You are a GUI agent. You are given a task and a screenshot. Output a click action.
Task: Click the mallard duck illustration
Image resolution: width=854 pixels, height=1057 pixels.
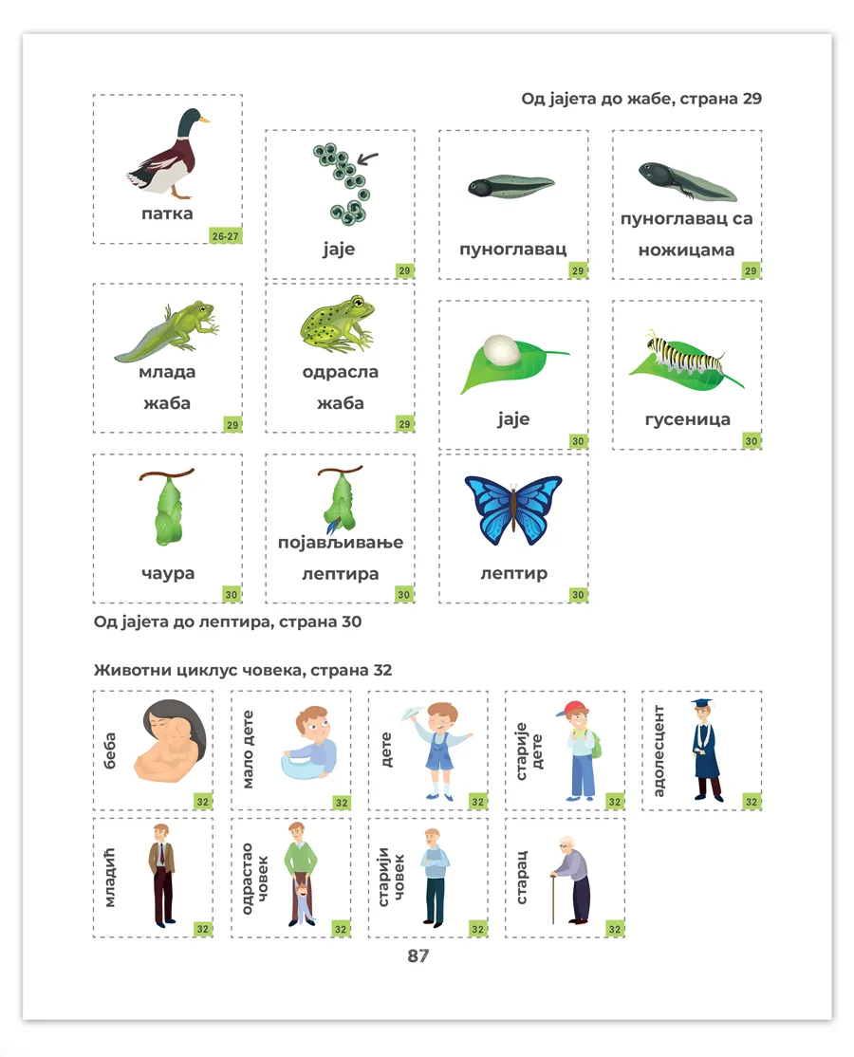click(x=169, y=154)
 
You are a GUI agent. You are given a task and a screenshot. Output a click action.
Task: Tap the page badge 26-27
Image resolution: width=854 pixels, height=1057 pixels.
click(x=225, y=236)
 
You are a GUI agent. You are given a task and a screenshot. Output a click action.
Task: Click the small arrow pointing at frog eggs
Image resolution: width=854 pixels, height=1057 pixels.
click(x=367, y=158)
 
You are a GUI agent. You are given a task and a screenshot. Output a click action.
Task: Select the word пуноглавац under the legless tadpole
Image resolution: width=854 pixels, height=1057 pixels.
click(x=513, y=249)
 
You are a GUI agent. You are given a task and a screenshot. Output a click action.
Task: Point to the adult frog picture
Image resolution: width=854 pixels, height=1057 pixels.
click(x=337, y=324)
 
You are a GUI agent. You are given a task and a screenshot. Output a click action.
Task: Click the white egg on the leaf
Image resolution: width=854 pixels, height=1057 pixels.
click(x=501, y=349)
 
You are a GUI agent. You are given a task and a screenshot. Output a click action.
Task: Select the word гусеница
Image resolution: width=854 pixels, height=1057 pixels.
click(x=688, y=419)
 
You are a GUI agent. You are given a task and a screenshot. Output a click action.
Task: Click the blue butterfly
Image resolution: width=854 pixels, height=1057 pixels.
click(x=513, y=510)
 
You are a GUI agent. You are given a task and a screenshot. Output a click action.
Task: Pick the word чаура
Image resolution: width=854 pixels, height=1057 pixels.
click(x=168, y=574)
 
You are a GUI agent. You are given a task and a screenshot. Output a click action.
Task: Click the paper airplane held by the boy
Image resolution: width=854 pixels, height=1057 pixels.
click(x=412, y=713)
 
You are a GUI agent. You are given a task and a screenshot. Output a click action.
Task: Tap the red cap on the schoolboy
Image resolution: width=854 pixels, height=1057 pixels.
click(x=573, y=709)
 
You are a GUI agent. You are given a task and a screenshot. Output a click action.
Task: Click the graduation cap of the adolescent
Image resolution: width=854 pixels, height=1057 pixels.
click(x=701, y=703)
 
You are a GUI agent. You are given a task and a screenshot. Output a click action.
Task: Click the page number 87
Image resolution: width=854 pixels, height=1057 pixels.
click(x=418, y=955)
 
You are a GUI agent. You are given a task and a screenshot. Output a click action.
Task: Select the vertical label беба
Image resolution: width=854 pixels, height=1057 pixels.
click(x=109, y=751)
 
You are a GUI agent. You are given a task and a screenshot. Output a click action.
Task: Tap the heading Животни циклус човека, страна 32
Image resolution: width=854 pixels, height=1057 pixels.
click(x=243, y=670)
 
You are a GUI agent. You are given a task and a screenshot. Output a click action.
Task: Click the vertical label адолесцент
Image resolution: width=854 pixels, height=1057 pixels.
click(x=659, y=751)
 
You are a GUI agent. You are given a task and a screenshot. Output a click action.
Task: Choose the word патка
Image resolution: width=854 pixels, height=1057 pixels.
click(x=167, y=213)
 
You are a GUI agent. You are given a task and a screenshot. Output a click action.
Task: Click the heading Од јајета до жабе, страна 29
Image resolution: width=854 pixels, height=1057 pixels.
click(x=641, y=99)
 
